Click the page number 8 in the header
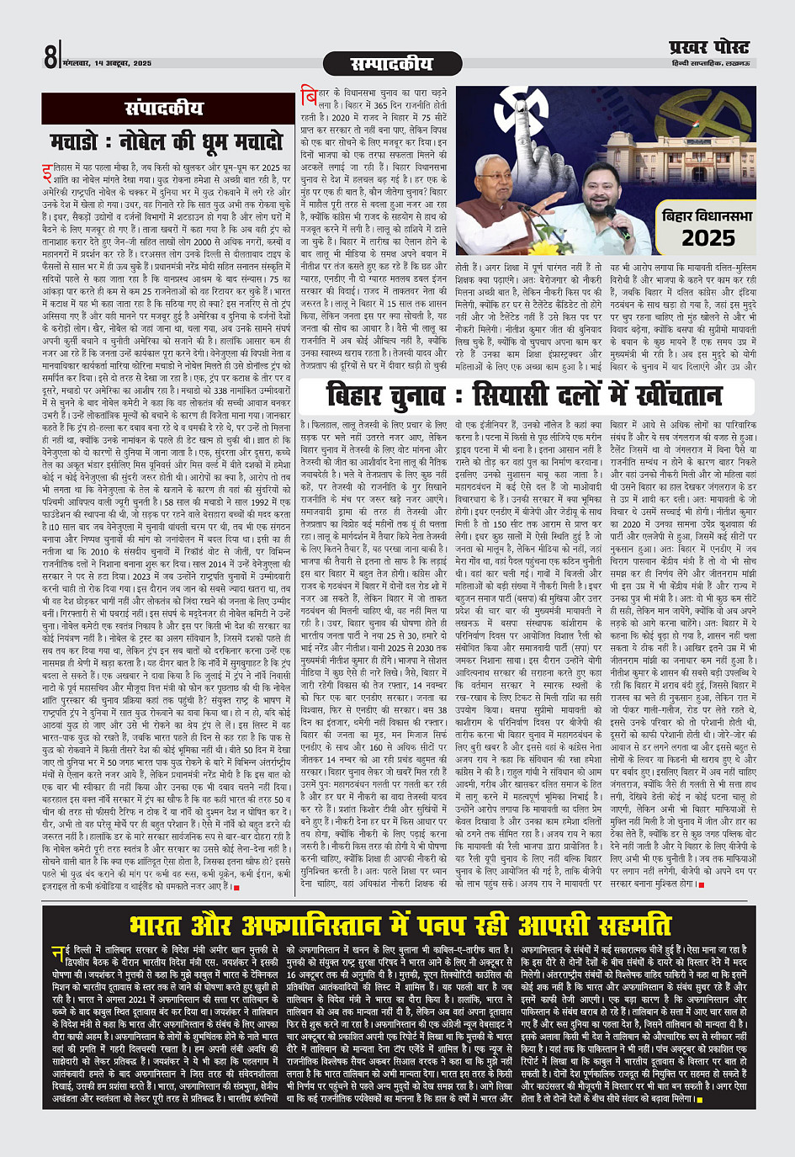tap(51, 57)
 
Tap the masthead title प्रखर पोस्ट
tap(708, 48)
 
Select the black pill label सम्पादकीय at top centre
tap(391, 64)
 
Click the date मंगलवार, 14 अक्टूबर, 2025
tap(107, 63)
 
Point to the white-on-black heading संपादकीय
tap(164, 109)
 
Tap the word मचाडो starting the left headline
tap(77, 141)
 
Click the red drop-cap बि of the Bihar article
tap(309, 98)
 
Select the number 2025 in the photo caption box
tap(708, 238)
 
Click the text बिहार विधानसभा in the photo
tap(708, 215)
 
